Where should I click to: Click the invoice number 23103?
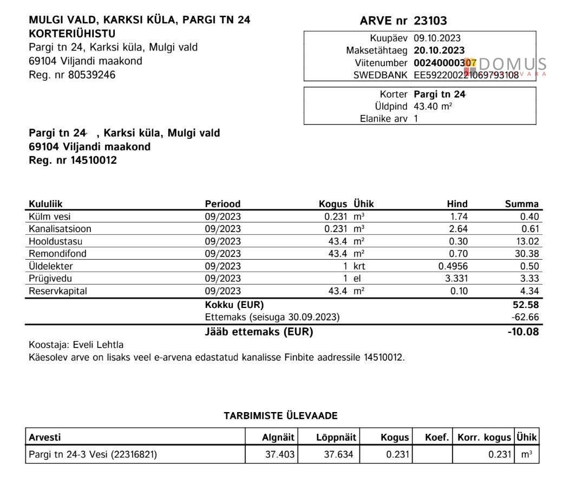430,21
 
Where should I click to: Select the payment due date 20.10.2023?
439,50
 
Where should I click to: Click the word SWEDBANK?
380,75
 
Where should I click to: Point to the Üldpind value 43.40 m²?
433,106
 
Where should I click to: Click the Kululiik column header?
45,204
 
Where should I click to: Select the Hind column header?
457,204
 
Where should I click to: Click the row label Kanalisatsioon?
60,229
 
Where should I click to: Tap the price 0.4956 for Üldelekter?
453,266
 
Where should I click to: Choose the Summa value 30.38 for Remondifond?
528,254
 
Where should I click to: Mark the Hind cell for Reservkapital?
459,291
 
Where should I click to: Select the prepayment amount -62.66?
526,317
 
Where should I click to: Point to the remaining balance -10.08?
524,332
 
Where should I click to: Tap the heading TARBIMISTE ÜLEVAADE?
280,416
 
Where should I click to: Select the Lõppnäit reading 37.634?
338,454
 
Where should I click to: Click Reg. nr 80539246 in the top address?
72,75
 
